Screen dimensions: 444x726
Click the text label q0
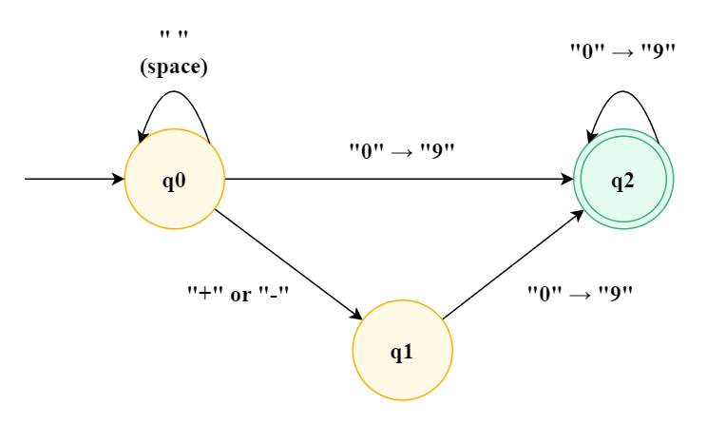[175, 181]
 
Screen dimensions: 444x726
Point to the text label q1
[403, 352]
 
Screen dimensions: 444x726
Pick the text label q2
[623, 181]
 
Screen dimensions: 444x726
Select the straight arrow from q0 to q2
[399, 179]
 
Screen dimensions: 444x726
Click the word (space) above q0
[174, 68]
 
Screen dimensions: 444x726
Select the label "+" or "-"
[238, 294]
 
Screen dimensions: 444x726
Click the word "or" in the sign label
[240, 294]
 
